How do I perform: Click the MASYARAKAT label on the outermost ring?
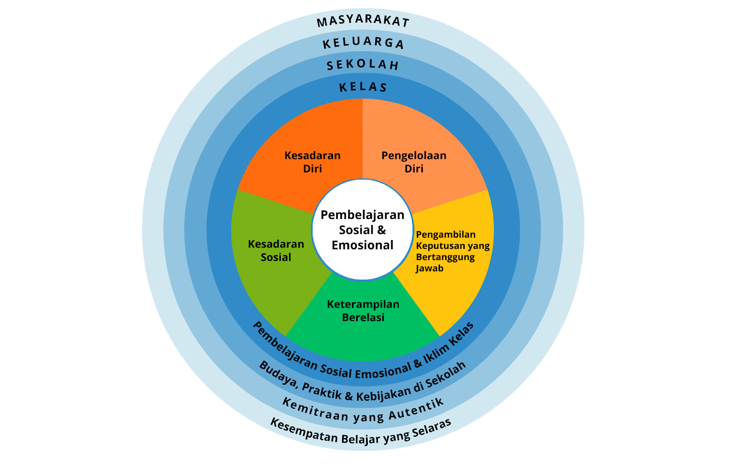(363, 21)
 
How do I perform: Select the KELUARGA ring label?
(363, 42)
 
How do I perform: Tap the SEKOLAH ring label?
(363, 64)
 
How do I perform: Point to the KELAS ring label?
(363, 87)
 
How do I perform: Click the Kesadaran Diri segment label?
(312, 162)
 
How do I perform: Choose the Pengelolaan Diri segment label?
(413, 162)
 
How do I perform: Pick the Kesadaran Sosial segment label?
(276, 250)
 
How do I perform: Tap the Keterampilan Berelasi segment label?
(363, 311)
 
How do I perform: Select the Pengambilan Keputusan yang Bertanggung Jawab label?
(452, 251)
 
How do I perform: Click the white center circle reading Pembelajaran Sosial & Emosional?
(363, 230)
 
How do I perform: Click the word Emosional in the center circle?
(362, 245)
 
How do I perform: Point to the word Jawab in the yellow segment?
(429, 268)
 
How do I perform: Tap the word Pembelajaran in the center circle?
(362, 215)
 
